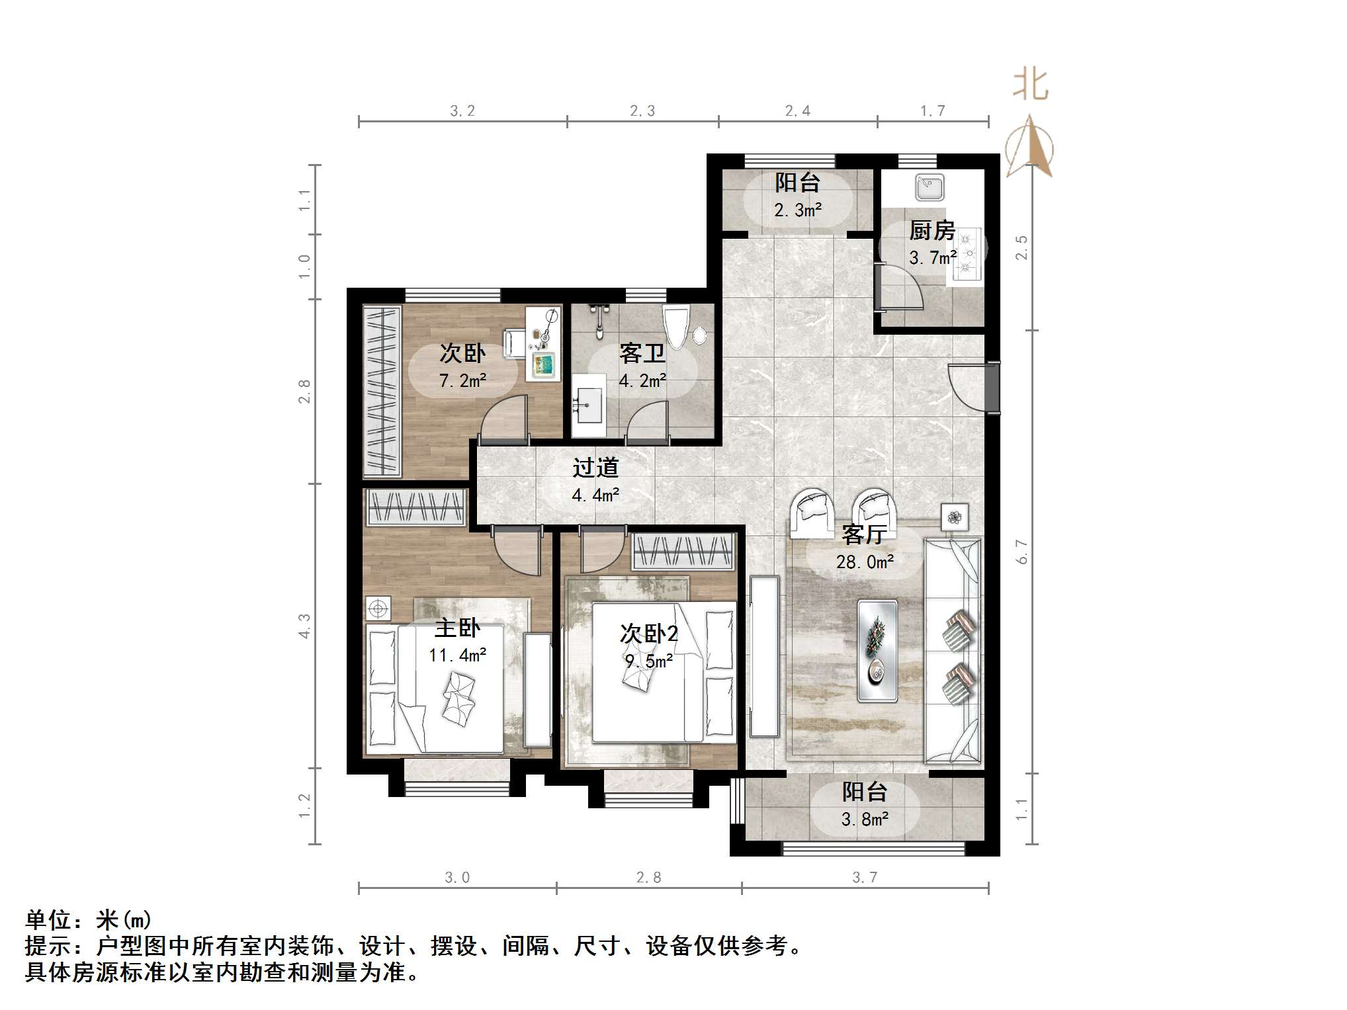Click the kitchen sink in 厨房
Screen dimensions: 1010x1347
[930, 187]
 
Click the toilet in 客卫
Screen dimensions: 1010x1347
[676, 326]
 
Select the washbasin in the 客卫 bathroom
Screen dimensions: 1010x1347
[588, 404]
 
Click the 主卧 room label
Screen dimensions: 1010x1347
[456, 627]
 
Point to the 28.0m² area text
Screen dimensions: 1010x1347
[865, 562]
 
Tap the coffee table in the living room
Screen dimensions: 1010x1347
[877, 650]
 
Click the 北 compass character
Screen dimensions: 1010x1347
[1030, 85]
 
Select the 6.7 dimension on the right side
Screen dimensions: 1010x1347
[1023, 551]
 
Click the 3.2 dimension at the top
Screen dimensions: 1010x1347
[462, 111]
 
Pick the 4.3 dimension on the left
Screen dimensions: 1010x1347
[304, 626]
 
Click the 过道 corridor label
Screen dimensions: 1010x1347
[595, 468]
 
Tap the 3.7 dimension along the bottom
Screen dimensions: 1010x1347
[865, 877]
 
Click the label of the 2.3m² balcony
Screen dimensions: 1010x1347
[798, 183]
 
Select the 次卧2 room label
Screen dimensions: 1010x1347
[648, 634]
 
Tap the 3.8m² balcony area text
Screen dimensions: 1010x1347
[865, 820]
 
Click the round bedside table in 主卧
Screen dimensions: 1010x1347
[378, 608]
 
